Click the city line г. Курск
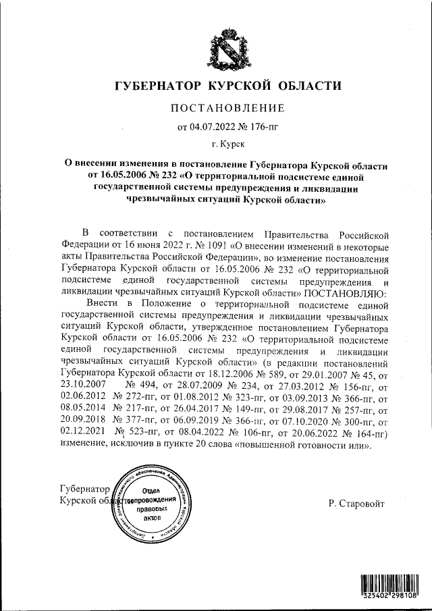pos(227,143)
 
